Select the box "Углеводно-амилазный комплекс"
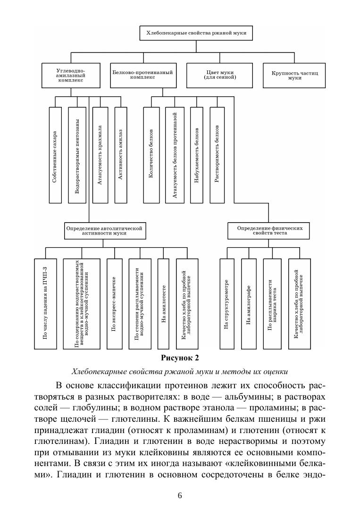(x=70, y=75)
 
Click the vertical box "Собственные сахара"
(x=55, y=155)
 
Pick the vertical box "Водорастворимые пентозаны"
(x=77, y=155)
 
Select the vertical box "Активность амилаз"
(x=121, y=155)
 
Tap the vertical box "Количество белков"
(x=151, y=155)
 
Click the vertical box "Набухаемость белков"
(x=196, y=155)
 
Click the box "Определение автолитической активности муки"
(x=104, y=230)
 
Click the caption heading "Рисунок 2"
(x=180, y=357)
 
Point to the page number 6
(x=180, y=495)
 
